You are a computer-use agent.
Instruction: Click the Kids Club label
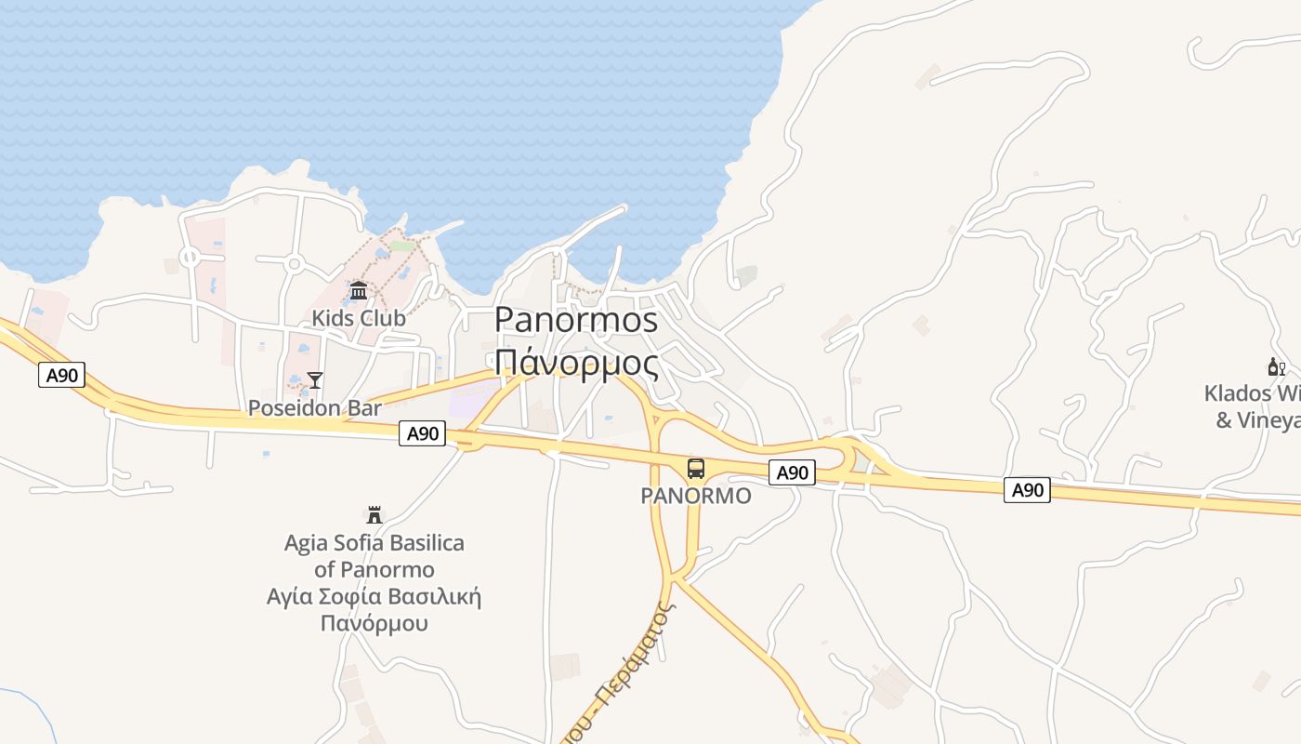[359, 318]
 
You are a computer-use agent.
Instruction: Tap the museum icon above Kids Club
[359, 292]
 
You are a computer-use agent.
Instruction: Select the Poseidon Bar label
[315, 408]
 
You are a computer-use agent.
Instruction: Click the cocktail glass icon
[315, 379]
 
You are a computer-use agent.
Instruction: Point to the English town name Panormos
[576, 320]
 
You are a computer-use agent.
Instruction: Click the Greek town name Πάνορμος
[576, 363]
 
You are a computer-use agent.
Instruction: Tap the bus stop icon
[696, 469]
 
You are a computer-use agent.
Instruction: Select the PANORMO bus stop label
[696, 496]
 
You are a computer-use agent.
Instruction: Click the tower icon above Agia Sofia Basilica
[375, 514]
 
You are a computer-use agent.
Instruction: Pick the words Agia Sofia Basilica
[375, 543]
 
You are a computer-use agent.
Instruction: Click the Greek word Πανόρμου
[375, 622]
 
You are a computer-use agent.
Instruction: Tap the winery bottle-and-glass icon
[1277, 367]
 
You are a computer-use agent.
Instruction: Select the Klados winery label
[1255, 406]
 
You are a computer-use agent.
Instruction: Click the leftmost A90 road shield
[62, 376]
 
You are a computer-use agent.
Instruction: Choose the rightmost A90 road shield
[1027, 490]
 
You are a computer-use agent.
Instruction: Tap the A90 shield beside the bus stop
[793, 473]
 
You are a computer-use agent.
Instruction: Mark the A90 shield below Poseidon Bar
[423, 433]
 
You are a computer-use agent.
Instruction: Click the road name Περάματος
[641, 651]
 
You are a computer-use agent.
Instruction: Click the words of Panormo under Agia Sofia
[375, 569]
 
